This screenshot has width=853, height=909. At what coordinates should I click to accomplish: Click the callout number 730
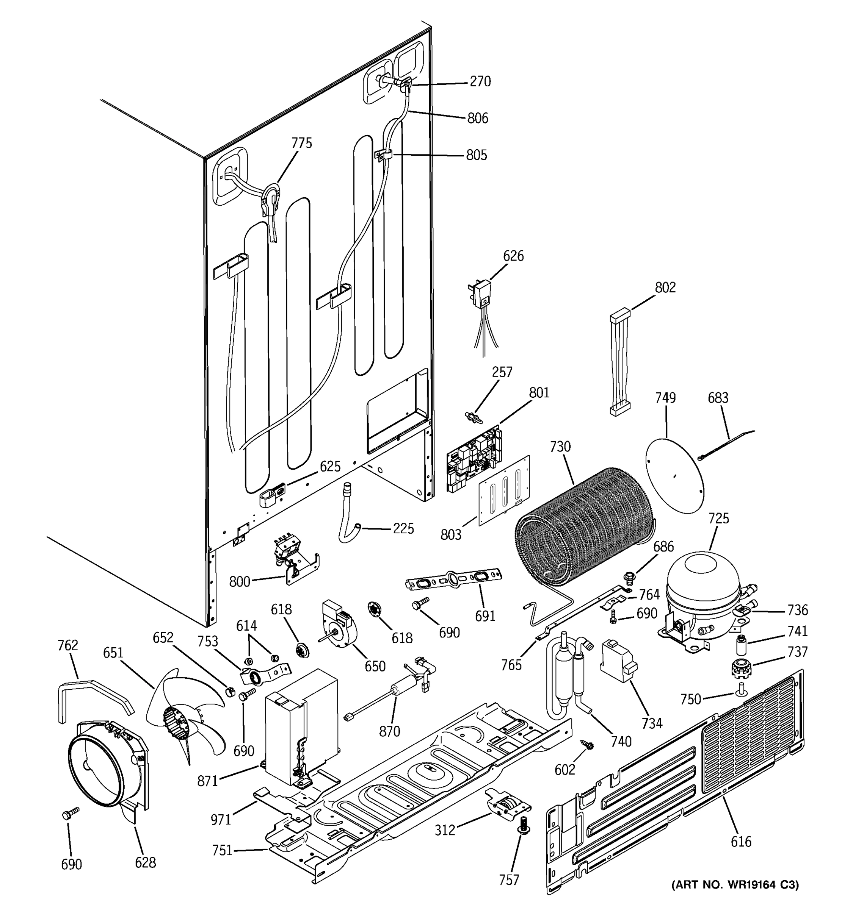point(560,446)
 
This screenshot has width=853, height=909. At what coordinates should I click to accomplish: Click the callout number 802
point(665,287)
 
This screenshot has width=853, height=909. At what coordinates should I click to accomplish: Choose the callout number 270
point(480,81)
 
